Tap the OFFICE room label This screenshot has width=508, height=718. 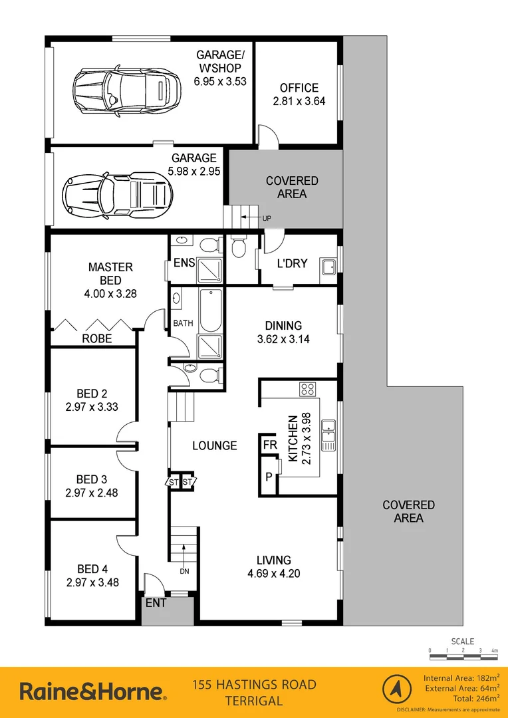[299, 88]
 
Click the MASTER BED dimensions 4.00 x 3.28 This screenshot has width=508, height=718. [110, 293]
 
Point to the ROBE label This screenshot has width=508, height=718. [96, 338]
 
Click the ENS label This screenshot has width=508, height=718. [184, 263]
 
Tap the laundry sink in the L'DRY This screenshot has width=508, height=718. [328, 267]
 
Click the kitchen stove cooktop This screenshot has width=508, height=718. [307, 390]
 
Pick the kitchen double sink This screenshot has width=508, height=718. [328, 435]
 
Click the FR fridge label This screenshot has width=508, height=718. [269, 444]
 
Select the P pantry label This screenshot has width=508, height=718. [268, 477]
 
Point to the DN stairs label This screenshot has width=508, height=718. [185, 570]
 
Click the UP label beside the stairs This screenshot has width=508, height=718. [266, 219]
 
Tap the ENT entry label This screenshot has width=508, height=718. [156, 603]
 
